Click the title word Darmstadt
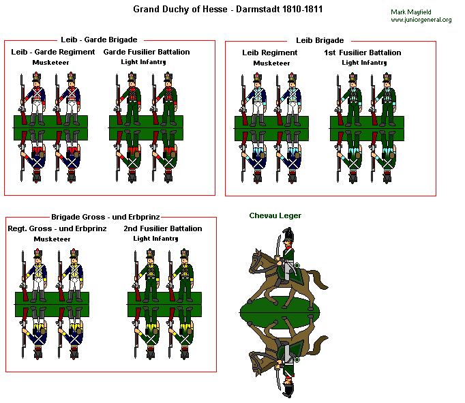[x=258, y=9]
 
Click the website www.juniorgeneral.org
[x=421, y=20]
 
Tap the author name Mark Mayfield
[x=410, y=12]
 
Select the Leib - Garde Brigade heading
[x=99, y=40]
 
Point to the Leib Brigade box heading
[x=320, y=40]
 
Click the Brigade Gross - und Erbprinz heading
[x=106, y=217]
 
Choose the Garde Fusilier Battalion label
[x=147, y=52]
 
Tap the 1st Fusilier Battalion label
[x=363, y=53]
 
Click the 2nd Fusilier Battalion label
[x=163, y=228]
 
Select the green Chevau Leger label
[x=275, y=215]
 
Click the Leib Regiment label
[x=269, y=53]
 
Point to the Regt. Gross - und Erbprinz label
[x=57, y=228]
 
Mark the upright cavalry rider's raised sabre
[x=278, y=245]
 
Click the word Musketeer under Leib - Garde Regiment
[x=50, y=63]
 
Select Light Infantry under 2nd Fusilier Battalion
[x=155, y=239]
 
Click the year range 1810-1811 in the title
[x=302, y=9]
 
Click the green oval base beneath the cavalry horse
[x=280, y=312]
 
